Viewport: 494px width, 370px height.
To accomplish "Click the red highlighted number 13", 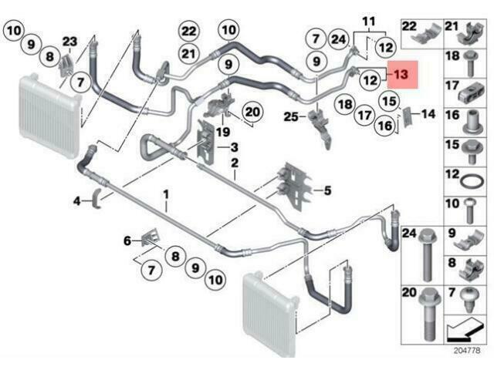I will click(401, 76).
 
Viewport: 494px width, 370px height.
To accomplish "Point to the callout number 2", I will click(233, 163).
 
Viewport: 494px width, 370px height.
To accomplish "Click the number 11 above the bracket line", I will click(368, 18).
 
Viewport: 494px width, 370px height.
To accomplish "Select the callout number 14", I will click(428, 114).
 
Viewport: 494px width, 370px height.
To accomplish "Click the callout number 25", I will click(289, 117).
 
